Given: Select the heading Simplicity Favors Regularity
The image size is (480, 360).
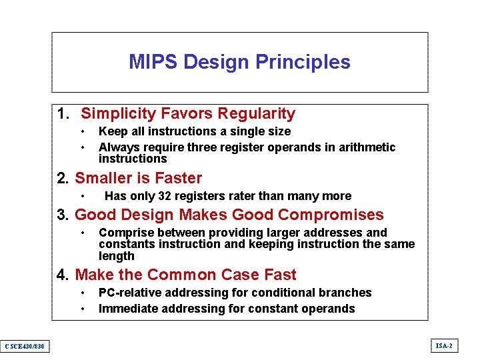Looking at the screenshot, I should (x=187, y=114).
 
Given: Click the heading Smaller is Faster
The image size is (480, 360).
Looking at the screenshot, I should (x=138, y=178).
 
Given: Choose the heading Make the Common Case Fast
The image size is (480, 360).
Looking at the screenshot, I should (x=185, y=275).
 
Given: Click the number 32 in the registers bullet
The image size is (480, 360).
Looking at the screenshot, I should (x=165, y=196).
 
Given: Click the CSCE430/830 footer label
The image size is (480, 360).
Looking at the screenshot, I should (x=24, y=345).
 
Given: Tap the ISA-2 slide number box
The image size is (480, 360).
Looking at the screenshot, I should (x=443, y=345).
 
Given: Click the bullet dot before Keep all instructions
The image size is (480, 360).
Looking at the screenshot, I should (x=83, y=132).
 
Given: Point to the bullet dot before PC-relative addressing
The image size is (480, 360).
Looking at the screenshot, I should (x=83, y=293).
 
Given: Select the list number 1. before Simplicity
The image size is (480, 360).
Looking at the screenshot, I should (x=64, y=114).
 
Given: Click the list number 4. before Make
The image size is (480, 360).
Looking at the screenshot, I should (x=64, y=275).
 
